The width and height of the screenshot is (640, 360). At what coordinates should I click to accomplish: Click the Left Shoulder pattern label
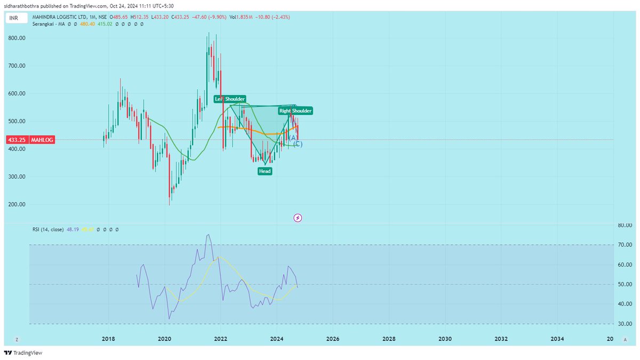(230, 99)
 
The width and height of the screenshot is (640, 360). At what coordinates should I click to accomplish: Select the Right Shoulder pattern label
(295, 111)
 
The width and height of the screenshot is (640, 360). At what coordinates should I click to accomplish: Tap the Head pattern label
(265, 171)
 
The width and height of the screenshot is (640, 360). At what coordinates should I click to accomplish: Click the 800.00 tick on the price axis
(17, 38)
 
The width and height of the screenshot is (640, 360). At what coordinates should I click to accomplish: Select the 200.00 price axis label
(17, 205)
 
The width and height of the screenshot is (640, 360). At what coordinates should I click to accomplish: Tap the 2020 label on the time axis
(164, 339)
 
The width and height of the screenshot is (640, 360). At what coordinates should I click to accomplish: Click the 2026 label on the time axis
(332, 339)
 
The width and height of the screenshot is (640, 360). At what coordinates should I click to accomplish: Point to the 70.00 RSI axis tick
(625, 245)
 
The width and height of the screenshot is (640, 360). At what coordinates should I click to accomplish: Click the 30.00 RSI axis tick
(625, 324)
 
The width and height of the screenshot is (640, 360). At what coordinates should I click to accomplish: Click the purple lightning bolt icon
(298, 218)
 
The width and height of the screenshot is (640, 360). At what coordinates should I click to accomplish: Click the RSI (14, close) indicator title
(47, 229)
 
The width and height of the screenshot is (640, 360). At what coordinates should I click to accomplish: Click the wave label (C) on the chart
(298, 144)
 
